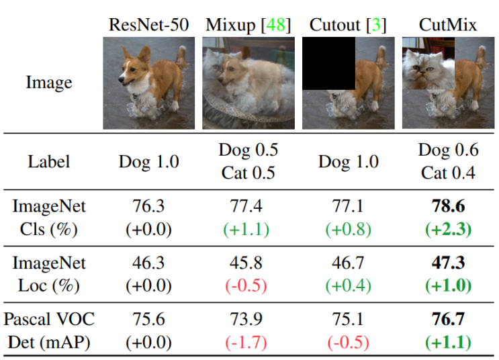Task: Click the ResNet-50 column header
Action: coord(148,25)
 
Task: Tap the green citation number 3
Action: coord(376,25)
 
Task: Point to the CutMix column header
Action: coord(448,25)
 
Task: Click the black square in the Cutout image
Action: coord(328,63)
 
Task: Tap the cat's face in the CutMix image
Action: coord(423,68)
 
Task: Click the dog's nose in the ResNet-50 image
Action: coord(121,79)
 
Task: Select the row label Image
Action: coord(49,83)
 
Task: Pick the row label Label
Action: coord(48,161)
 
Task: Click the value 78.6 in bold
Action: coord(448,206)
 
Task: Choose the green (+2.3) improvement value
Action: coord(448,229)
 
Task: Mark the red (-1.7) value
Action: coord(246,342)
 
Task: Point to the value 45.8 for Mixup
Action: coord(246,263)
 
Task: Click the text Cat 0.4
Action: coord(448,173)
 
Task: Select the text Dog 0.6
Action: coord(448,150)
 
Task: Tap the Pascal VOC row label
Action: coord(49,319)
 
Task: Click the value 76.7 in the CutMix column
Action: coord(448,319)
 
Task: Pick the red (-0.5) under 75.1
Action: coord(348,342)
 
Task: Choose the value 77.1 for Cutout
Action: coord(347,206)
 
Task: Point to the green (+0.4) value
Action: coord(348,285)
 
